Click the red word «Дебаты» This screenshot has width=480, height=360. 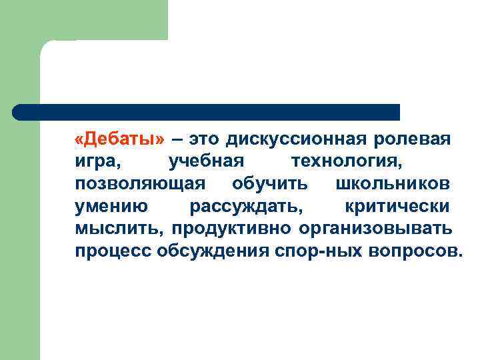[119, 140]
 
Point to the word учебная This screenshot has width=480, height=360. [207, 162]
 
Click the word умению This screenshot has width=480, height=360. [111, 207]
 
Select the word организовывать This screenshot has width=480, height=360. [376, 229]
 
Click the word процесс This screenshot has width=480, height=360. [113, 252]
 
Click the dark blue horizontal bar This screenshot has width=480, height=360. [207, 112]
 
